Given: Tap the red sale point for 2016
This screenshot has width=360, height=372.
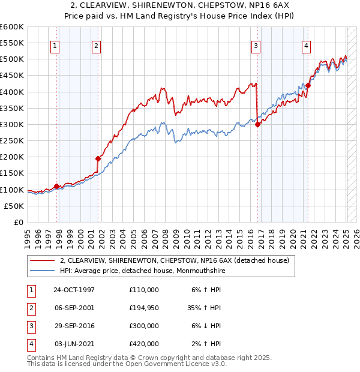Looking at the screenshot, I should (257, 124).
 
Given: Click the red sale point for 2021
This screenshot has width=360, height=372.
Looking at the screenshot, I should (308, 85).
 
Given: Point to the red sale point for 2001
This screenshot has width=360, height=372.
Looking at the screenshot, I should (98, 158).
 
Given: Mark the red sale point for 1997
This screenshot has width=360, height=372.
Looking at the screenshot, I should (56, 186).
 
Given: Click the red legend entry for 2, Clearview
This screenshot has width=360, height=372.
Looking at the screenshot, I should (175, 260).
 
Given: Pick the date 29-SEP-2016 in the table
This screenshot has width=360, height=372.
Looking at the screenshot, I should (74, 326).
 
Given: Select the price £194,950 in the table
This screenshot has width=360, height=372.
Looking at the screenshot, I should (144, 307).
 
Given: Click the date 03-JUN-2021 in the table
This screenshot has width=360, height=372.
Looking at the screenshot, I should (74, 344).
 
